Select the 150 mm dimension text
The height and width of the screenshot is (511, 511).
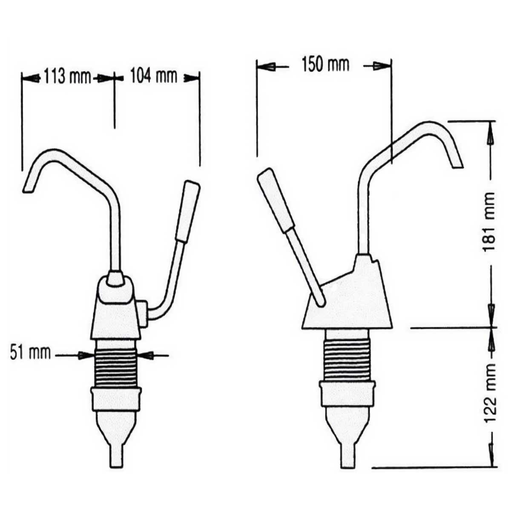pos(325,65)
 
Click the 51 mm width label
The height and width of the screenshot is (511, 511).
pos(30,353)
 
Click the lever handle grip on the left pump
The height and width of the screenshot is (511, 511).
pos(188,211)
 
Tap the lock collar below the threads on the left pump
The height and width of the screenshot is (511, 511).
pos(116,398)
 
